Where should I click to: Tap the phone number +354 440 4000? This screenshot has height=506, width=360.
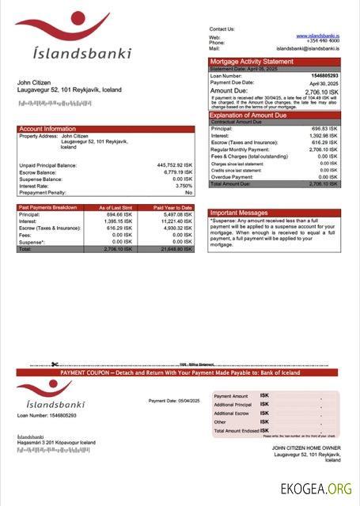(324, 42)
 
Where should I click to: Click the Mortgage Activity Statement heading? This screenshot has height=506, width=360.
(251, 61)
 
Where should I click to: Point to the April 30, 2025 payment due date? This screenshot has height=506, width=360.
(324, 83)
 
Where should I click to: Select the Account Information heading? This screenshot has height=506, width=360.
(47, 128)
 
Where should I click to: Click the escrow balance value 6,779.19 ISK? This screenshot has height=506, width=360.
(177, 172)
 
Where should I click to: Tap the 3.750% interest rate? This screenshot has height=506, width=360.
(184, 186)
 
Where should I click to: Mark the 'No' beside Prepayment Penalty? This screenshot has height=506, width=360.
(188, 193)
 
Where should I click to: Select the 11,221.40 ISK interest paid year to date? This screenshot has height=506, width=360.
(173, 221)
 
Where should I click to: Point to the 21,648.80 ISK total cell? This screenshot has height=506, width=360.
(173, 249)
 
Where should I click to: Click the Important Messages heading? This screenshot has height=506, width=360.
(239, 213)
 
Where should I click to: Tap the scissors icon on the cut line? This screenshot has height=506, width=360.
(55, 365)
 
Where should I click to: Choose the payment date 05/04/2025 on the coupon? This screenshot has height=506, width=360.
(186, 401)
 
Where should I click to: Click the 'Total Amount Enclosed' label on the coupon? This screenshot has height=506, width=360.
(235, 430)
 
